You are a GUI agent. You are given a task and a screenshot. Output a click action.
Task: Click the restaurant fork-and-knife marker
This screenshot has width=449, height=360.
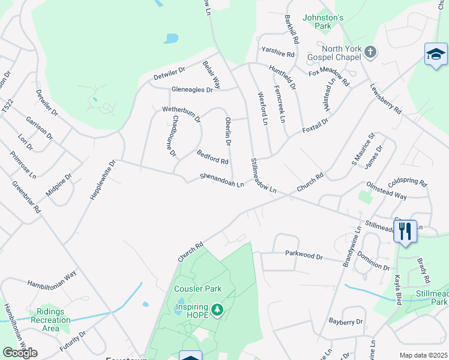click(x=405, y=231)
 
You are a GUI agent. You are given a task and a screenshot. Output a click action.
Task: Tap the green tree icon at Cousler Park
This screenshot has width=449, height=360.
click(x=217, y=310)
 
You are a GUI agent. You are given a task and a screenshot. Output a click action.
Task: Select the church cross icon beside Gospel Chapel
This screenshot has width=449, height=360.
click(x=370, y=52)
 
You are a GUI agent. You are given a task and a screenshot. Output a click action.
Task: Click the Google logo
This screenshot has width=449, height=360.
click(x=20, y=353)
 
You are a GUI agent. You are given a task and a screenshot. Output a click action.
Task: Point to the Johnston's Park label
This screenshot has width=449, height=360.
click(x=323, y=22)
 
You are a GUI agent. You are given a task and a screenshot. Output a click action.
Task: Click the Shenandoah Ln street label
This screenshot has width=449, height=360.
click(x=221, y=180)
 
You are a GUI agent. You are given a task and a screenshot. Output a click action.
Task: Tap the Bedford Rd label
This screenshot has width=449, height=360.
click(x=212, y=157)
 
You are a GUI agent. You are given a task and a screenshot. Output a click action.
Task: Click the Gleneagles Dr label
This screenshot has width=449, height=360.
click(x=192, y=89)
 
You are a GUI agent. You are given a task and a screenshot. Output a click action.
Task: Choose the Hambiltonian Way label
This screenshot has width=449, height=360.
click(x=52, y=277)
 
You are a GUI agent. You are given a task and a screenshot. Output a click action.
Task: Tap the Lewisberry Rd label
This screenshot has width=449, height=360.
click(x=385, y=98)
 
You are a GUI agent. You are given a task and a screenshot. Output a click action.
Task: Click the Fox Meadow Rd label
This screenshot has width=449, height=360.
click(x=329, y=77)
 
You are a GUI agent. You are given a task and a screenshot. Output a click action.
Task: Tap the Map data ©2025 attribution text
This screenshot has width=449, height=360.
click(x=423, y=355)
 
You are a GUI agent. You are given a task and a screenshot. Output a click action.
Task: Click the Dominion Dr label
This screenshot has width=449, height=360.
click(x=373, y=260)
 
